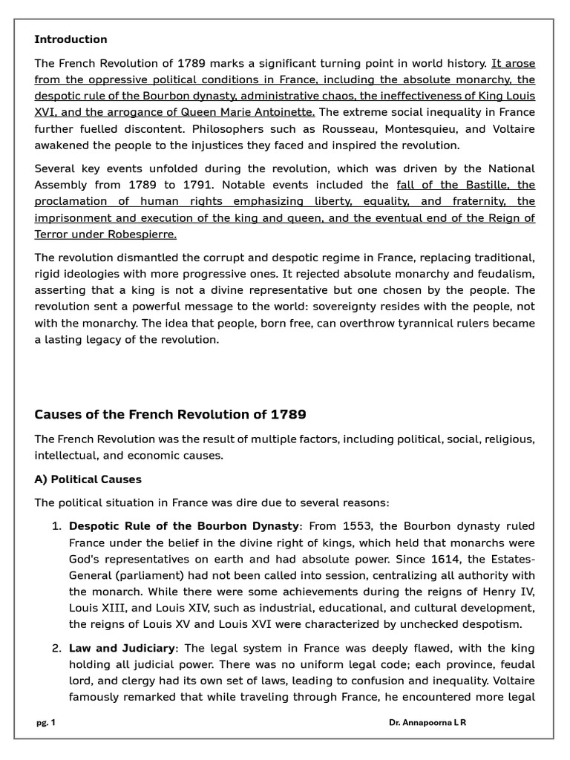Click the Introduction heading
pos(71,39)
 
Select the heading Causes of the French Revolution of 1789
pos(170,414)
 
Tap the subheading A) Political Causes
pos(88,479)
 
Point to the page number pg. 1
pos(46,723)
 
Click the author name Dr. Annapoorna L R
pos(427,723)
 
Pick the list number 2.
pos(56,648)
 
